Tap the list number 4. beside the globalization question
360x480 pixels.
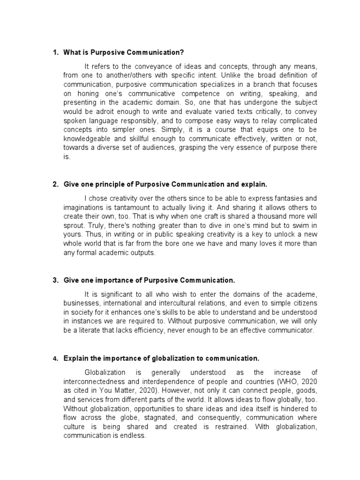click(x=55, y=359)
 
